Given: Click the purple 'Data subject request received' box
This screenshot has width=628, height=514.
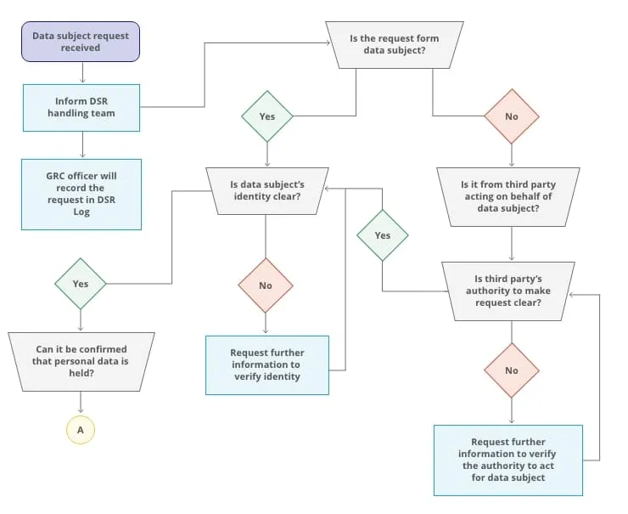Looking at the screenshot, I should [81, 42].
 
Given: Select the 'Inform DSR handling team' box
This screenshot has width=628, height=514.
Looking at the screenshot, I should [81, 107].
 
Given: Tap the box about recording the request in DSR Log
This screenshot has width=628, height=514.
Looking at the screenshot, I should [81, 194].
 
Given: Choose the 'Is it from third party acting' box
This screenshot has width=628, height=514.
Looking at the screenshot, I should [508, 197].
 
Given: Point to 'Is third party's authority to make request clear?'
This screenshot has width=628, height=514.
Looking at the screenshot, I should [508, 291].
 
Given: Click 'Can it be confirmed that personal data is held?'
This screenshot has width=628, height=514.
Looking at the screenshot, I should [81, 360].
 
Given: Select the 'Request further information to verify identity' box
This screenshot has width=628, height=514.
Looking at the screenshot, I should [266, 364].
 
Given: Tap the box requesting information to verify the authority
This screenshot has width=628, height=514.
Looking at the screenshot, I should [508, 460].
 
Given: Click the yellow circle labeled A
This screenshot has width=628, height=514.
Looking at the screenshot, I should [81, 430].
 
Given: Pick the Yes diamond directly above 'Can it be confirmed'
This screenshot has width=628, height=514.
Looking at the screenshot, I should [81, 284].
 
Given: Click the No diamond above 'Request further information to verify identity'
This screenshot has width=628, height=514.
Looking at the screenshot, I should [266, 285].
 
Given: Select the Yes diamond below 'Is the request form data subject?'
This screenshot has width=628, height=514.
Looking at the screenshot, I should [266, 116].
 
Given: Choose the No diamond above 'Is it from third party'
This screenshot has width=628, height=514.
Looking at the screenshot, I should [512, 116].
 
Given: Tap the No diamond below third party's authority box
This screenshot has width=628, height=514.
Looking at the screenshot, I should [512, 370].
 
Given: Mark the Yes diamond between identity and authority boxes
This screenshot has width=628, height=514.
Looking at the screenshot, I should [383, 235].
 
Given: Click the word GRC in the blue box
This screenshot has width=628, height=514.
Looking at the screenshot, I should [58, 176].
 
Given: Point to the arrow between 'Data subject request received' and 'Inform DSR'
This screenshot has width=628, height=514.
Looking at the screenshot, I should [81, 73].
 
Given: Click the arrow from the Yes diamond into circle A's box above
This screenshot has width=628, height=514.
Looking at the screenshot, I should [81, 320].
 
